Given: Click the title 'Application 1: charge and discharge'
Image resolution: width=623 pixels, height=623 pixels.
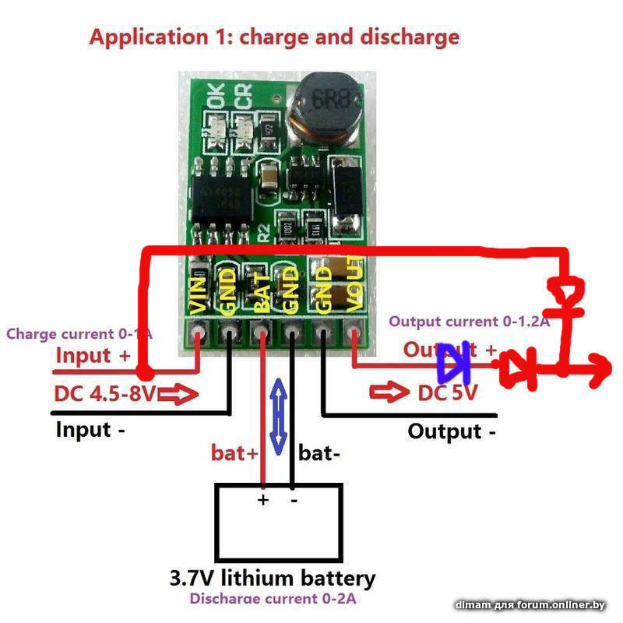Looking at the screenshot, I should [x=274, y=37].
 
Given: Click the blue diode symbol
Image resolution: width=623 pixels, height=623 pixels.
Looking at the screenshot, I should [x=453, y=361].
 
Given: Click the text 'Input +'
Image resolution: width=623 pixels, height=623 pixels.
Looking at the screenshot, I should [x=93, y=356].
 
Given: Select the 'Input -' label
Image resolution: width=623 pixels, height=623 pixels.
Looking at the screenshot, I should [x=90, y=429].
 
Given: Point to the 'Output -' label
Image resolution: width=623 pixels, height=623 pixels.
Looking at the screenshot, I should [x=452, y=431].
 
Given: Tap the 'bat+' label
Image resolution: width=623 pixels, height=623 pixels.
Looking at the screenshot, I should [x=234, y=452].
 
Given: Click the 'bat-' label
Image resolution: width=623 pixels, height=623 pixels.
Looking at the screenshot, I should [x=318, y=452].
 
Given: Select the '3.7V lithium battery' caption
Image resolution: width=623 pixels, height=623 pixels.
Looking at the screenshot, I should [x=273, y=579].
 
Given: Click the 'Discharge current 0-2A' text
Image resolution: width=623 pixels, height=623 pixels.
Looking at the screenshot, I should [x=274, y=600].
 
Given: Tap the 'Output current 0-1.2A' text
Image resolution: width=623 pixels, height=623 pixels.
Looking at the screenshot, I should [x=470, y=322].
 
